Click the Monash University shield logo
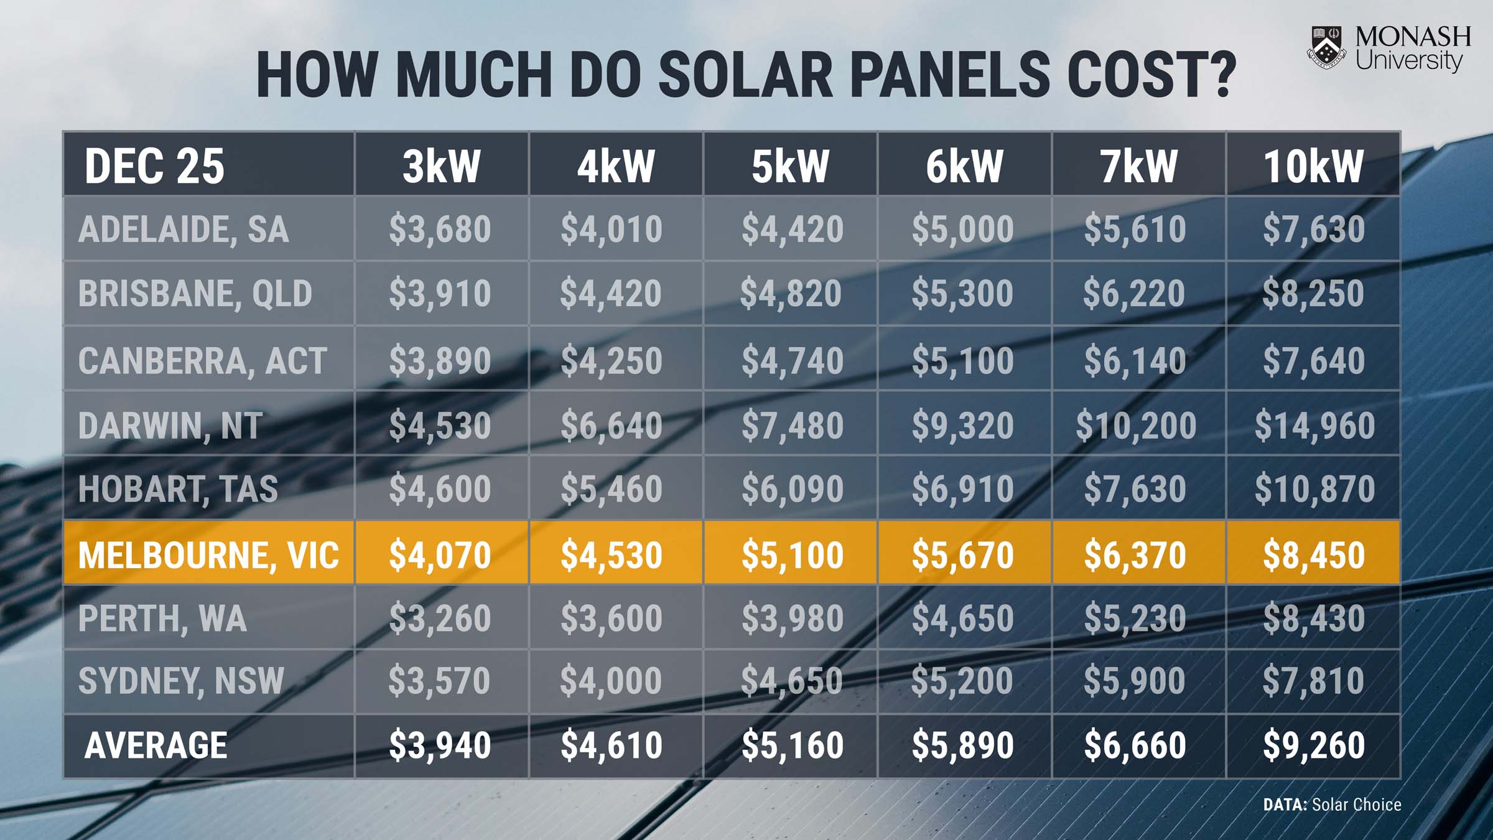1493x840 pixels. pos(1327,47)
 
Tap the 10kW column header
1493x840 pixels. pos(1313,166)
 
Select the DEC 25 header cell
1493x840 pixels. pos(154,166)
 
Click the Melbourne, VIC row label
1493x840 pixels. pos(208,554)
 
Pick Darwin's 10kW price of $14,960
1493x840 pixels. pos(1314,426)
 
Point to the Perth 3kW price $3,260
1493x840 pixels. pos(440,618)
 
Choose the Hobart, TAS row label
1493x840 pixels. pos(178,489)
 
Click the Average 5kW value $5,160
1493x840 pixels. pos(792,745)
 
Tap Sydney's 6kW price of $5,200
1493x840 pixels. pos(962,681)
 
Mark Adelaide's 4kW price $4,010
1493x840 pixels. pos(611,229)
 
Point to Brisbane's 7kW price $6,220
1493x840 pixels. pos(1134,294)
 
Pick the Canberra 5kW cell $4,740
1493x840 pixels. pos(792,361)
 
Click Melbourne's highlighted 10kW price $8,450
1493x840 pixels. pos(1313,555)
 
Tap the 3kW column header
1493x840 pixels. pos(441,166)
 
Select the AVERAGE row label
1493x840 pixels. pos(156,745)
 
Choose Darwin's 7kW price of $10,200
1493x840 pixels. pos(1136,426)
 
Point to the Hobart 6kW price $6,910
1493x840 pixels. pos(962,489)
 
